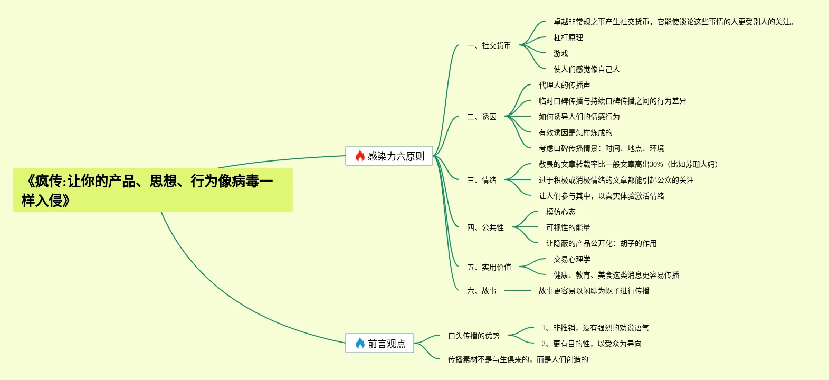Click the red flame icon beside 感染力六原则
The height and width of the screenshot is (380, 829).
(x=360, y=156)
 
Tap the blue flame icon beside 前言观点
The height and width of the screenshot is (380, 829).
(x=360, y=343)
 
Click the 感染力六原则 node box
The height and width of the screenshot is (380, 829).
(x=389, y=156)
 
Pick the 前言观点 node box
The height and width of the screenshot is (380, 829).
(x=379, y=343)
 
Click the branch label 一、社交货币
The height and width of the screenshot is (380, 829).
(x=489, y=45)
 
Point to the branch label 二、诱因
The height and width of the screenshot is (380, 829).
(x=481, y=117)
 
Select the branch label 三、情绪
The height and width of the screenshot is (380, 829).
(x=481, y=180)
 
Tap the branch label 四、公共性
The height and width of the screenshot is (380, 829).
(x=485, y=227)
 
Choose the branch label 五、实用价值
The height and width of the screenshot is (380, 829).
(x=489, y=267)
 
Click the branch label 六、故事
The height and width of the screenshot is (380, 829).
(x=481, y=291)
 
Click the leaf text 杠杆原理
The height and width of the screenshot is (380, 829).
(x=568, y=37)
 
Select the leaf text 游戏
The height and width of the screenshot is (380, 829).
(x=560, y=53)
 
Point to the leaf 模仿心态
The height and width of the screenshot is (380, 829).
(x=560, y=212)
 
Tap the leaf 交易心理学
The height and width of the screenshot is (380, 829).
(x=571, y=259)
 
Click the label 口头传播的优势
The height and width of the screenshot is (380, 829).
(x=473, y=336)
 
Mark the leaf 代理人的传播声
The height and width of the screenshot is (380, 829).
(x=564, y=85)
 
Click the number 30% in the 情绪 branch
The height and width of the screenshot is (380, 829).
(x=656, y=164)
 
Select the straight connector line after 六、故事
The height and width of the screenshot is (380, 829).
(x=517, y=290)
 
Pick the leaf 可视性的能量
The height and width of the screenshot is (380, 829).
(x=568, y=227)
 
